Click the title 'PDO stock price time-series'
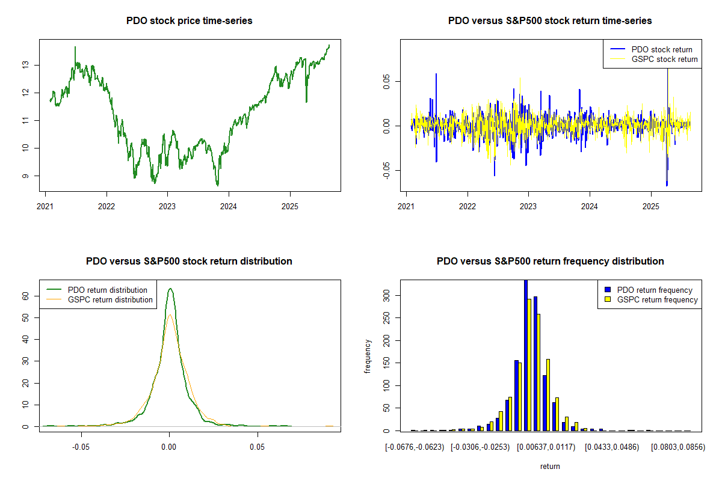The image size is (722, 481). click(189, 20)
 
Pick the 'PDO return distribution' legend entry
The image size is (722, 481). click(107, 290)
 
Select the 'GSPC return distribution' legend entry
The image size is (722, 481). click(110, 299)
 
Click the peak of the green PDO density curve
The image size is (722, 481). click(170, 289)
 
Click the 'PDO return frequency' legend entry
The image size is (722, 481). click(655, 290)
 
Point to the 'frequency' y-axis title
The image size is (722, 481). click(368, 357)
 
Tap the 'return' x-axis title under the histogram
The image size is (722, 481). click(550, 466)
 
